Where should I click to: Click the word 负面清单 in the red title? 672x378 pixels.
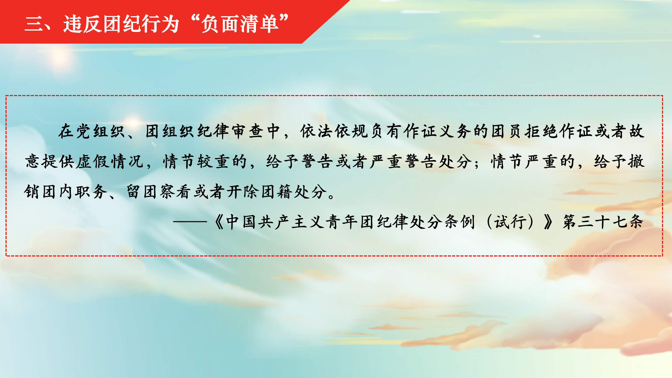(x=240, y=24)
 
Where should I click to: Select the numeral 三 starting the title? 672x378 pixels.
(x=34, y=24)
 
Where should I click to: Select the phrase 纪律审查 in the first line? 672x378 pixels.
(x=230, y=131)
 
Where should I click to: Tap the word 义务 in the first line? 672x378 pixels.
(x=455, y=131)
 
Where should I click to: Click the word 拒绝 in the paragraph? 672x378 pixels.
(x=542, y=131)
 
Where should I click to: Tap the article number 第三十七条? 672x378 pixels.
(x=603, y=222)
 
